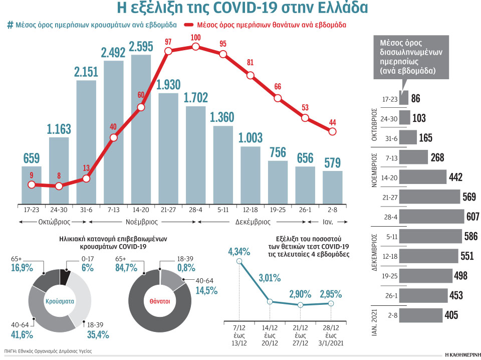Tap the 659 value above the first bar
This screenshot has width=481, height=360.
pyautogui.click(x=32, y=158)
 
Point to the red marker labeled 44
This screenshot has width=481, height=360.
pyautogui.click(x=332, y=131)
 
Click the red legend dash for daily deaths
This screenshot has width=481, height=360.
pyautogui.click(x=189, y=25)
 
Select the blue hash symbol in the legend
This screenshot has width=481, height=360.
pyautogui.click(x=10, y=25)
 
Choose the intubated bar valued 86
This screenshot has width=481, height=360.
pyautogui.click(x=404, y=98)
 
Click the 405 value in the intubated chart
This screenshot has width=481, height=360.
pyautogui.click(x=451, y=315)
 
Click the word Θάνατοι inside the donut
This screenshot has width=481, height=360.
pyautogui.click(x=159, y=301)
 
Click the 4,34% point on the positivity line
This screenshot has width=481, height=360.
pyautogui.click(x=239, y=261)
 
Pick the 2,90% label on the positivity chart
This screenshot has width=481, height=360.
pyautogui.click(x=299, y=294)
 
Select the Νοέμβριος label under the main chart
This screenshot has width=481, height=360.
pyautogui.click(x=139, y=221)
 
